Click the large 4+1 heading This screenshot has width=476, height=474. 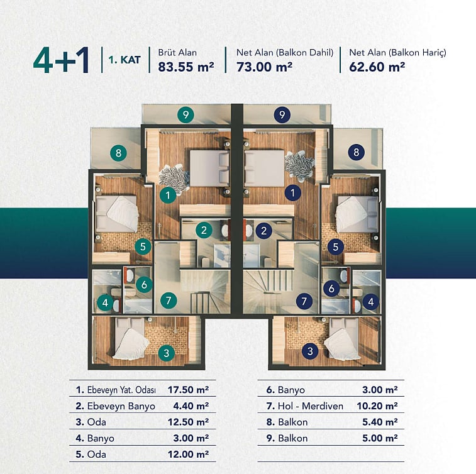point(61,60)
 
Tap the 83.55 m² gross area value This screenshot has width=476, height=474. point(186,67)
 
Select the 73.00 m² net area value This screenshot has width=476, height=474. point(265,67)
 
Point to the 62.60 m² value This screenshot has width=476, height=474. point(377,67)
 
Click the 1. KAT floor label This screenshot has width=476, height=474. point(125,60)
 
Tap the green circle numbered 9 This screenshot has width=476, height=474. point(185,114)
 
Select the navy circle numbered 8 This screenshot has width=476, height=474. point(357,152)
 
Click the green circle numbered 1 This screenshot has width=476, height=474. point(168,195)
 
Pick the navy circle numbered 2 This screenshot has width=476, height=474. point(264,231)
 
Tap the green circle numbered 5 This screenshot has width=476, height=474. point(143,246)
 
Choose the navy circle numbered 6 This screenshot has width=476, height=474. point(331,289)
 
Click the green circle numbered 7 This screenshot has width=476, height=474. point(169,300)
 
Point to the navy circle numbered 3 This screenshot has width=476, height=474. point(310,351)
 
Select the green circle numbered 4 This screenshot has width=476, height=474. point(106,302)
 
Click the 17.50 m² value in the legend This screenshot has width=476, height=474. point(188,390)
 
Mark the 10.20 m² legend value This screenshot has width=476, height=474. point(377,406)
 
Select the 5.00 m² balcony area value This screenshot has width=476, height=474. point(380,438)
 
